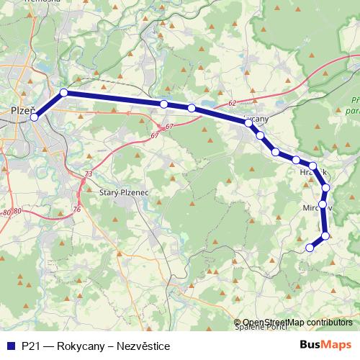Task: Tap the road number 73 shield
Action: tap(88, 175)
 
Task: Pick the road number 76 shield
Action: tap(77, 210)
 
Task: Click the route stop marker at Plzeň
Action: tap(34, 117)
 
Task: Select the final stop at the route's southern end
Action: tap(310, 248)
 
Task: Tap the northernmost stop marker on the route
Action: tap(64, 92)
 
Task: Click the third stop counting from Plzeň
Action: tap(164, 104)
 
